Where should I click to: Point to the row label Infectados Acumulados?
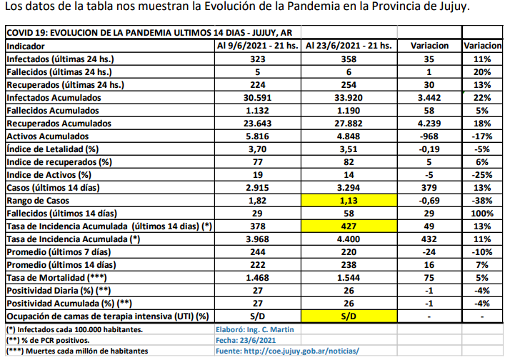[54, 97]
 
